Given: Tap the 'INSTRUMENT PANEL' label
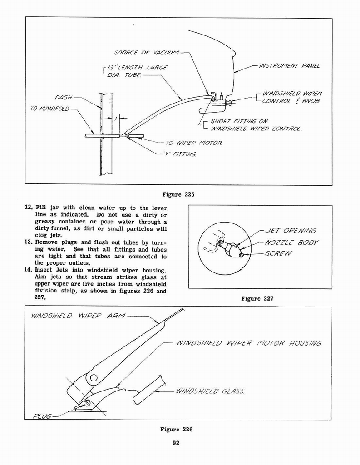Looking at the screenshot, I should (289, 66).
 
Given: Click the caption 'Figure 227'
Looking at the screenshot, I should (257, 298).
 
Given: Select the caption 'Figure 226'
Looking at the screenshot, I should (176, 429).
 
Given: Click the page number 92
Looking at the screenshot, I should (177, 444).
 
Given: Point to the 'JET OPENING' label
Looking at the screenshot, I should (290, 230).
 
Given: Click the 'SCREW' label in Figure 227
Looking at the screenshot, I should (279, 253).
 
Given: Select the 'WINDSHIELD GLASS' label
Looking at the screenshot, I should (210, 391).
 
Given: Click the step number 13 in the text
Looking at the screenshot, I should (29, 242).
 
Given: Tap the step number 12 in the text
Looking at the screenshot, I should (29, 207).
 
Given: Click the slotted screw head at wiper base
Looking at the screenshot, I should (87, 402).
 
